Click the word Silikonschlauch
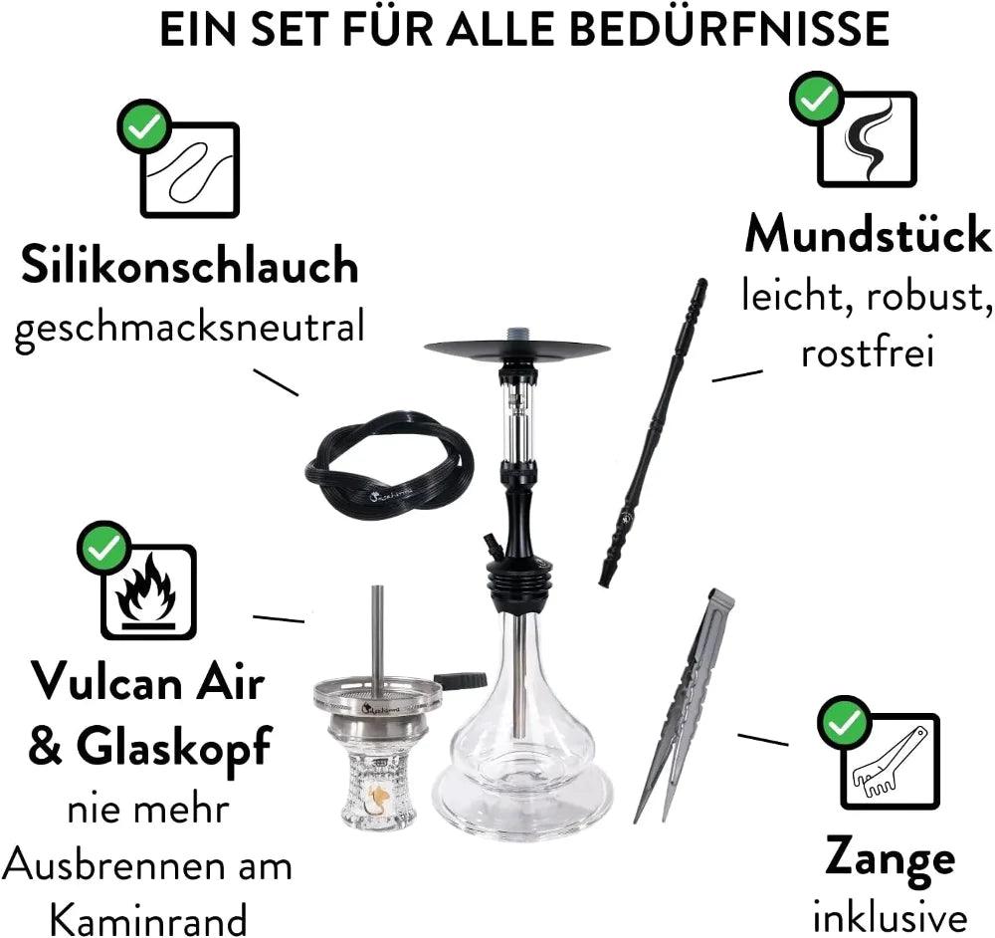190,265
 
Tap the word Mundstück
868,235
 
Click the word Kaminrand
148,919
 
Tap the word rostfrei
868,352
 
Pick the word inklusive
890,917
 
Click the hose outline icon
190,169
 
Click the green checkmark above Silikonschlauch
144,126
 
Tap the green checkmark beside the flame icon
104,549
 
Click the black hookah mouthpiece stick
655,432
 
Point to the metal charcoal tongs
685,705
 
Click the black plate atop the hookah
516,349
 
